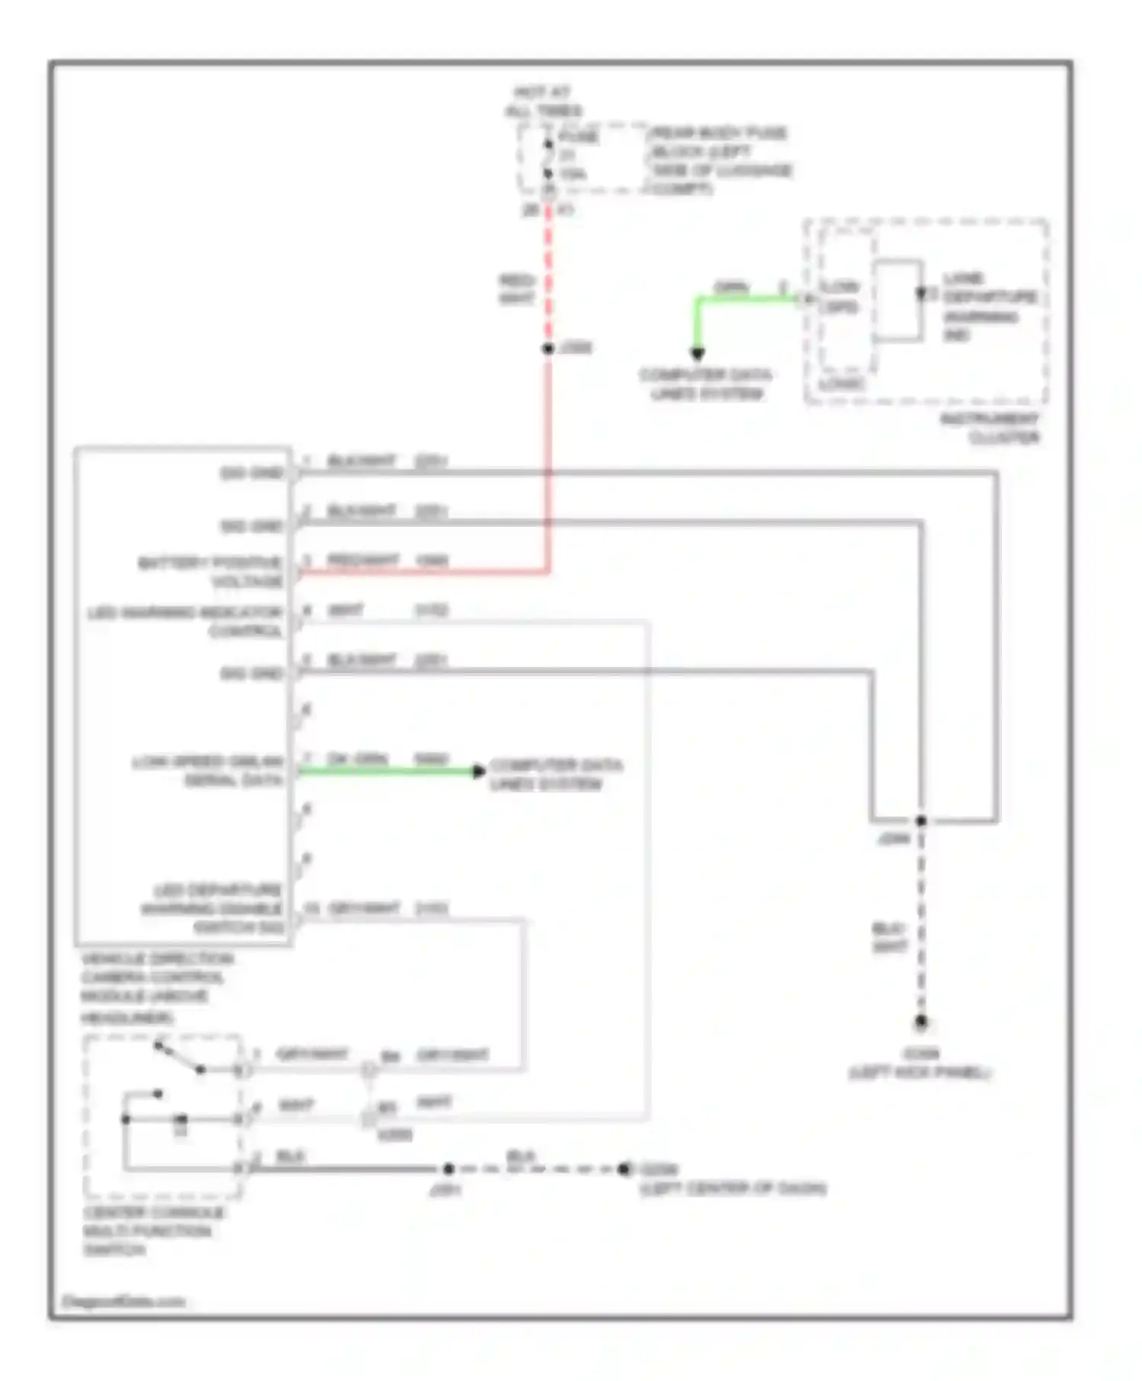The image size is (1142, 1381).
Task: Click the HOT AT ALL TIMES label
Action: point(542,102)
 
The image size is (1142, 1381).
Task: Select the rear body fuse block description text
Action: point(719,161)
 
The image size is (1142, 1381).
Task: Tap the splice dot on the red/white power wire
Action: point(548,349)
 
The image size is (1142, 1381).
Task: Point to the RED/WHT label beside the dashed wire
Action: point(517,289)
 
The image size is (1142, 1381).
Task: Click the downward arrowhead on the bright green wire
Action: point(697,353)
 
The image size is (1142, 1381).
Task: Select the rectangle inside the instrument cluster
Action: point(898,300)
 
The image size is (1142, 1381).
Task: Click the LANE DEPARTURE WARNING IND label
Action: point(987,306)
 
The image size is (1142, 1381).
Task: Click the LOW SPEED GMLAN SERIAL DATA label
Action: point(207,771)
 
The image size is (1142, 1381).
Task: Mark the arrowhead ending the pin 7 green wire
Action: point(479,771)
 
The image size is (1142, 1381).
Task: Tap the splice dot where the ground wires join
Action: point(920,821)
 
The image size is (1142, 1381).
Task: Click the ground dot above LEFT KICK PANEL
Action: point(920,1022)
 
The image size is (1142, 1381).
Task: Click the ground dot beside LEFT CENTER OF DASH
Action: point(624,1169)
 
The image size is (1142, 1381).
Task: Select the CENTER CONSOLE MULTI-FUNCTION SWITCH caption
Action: point(152,1230)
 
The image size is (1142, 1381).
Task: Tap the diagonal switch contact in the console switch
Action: point(179,1057)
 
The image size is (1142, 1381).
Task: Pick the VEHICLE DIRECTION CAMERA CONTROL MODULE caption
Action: point(156,987)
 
